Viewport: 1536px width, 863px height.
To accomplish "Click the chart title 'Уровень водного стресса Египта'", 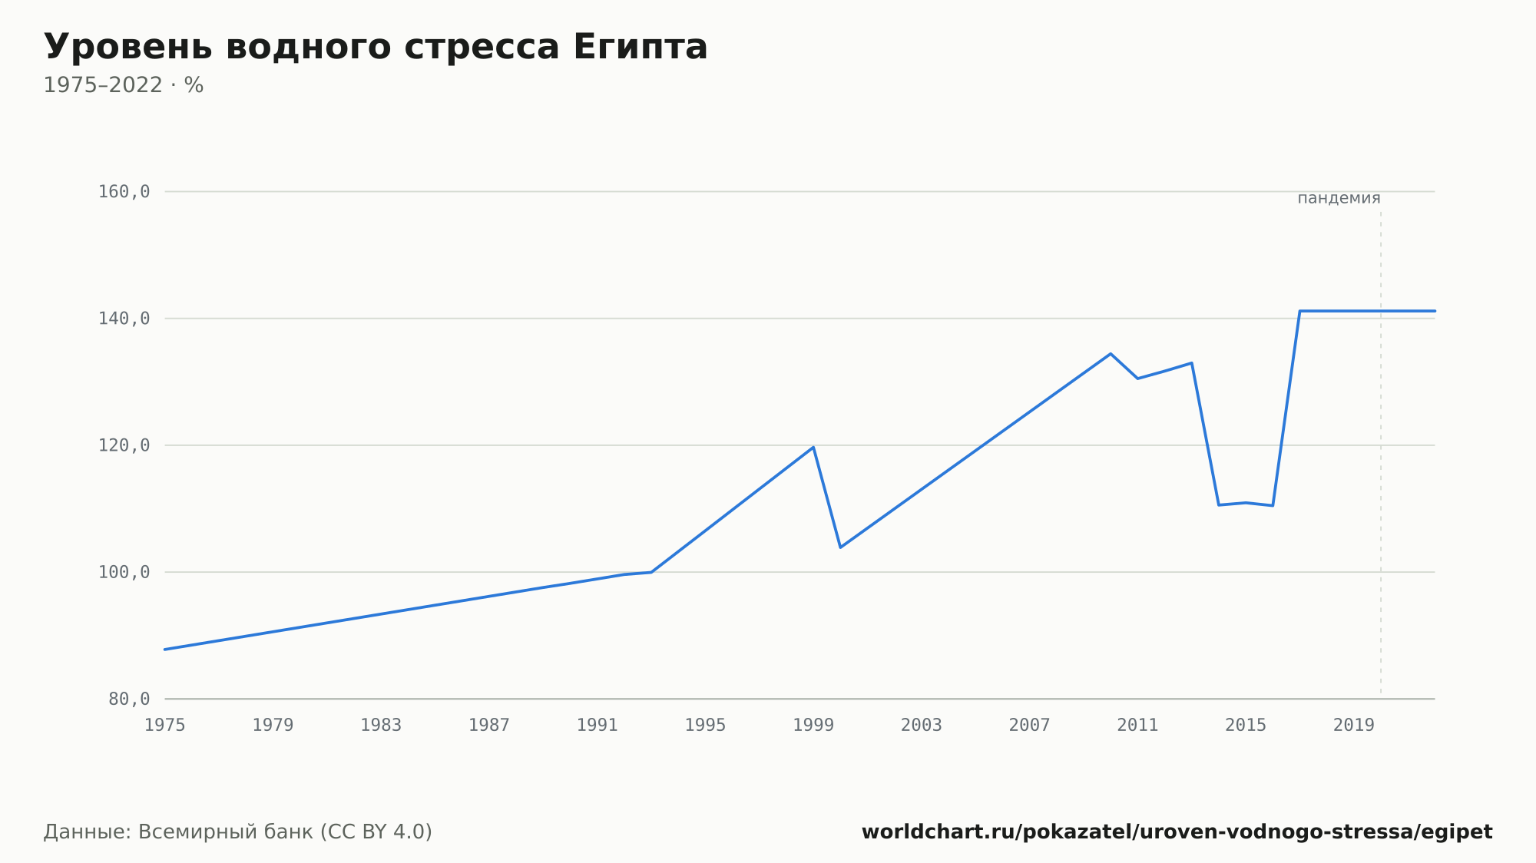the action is (x=376, y=47).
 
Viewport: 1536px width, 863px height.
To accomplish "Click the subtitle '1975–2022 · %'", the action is (x=124, y=85).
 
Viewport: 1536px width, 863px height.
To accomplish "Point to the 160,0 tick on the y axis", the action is (x=124, y=192).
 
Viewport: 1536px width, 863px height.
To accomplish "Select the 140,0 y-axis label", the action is (x=124, y=319).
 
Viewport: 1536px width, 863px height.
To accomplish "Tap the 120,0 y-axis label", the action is (x=124, y=445).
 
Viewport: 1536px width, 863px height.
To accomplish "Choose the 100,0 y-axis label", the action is (x=124, y=572).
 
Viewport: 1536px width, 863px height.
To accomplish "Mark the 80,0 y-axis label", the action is (x=129, y=699).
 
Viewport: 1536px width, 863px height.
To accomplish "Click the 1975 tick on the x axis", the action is (x=165, y=726).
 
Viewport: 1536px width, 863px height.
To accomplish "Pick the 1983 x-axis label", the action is (x=381, y=726).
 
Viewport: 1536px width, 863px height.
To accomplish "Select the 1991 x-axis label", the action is (x=598, y=726).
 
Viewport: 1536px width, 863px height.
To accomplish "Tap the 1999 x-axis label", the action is (x=813, y=726).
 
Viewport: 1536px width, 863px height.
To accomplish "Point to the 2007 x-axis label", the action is (x=1030, y=726).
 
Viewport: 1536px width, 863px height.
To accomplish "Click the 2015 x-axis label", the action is (x=1246, y=726).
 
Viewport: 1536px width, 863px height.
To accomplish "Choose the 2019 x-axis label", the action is (x=1354, y=726).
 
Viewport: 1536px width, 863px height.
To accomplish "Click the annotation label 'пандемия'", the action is (x=1339, y=198).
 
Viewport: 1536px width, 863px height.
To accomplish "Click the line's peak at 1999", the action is (x=813, y=447).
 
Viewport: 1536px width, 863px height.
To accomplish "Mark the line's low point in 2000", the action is (x=841, y=547).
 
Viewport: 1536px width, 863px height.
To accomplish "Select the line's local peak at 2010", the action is (x=1111, y=354).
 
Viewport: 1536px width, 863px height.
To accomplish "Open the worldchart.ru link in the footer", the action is (x=1177, y=832).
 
